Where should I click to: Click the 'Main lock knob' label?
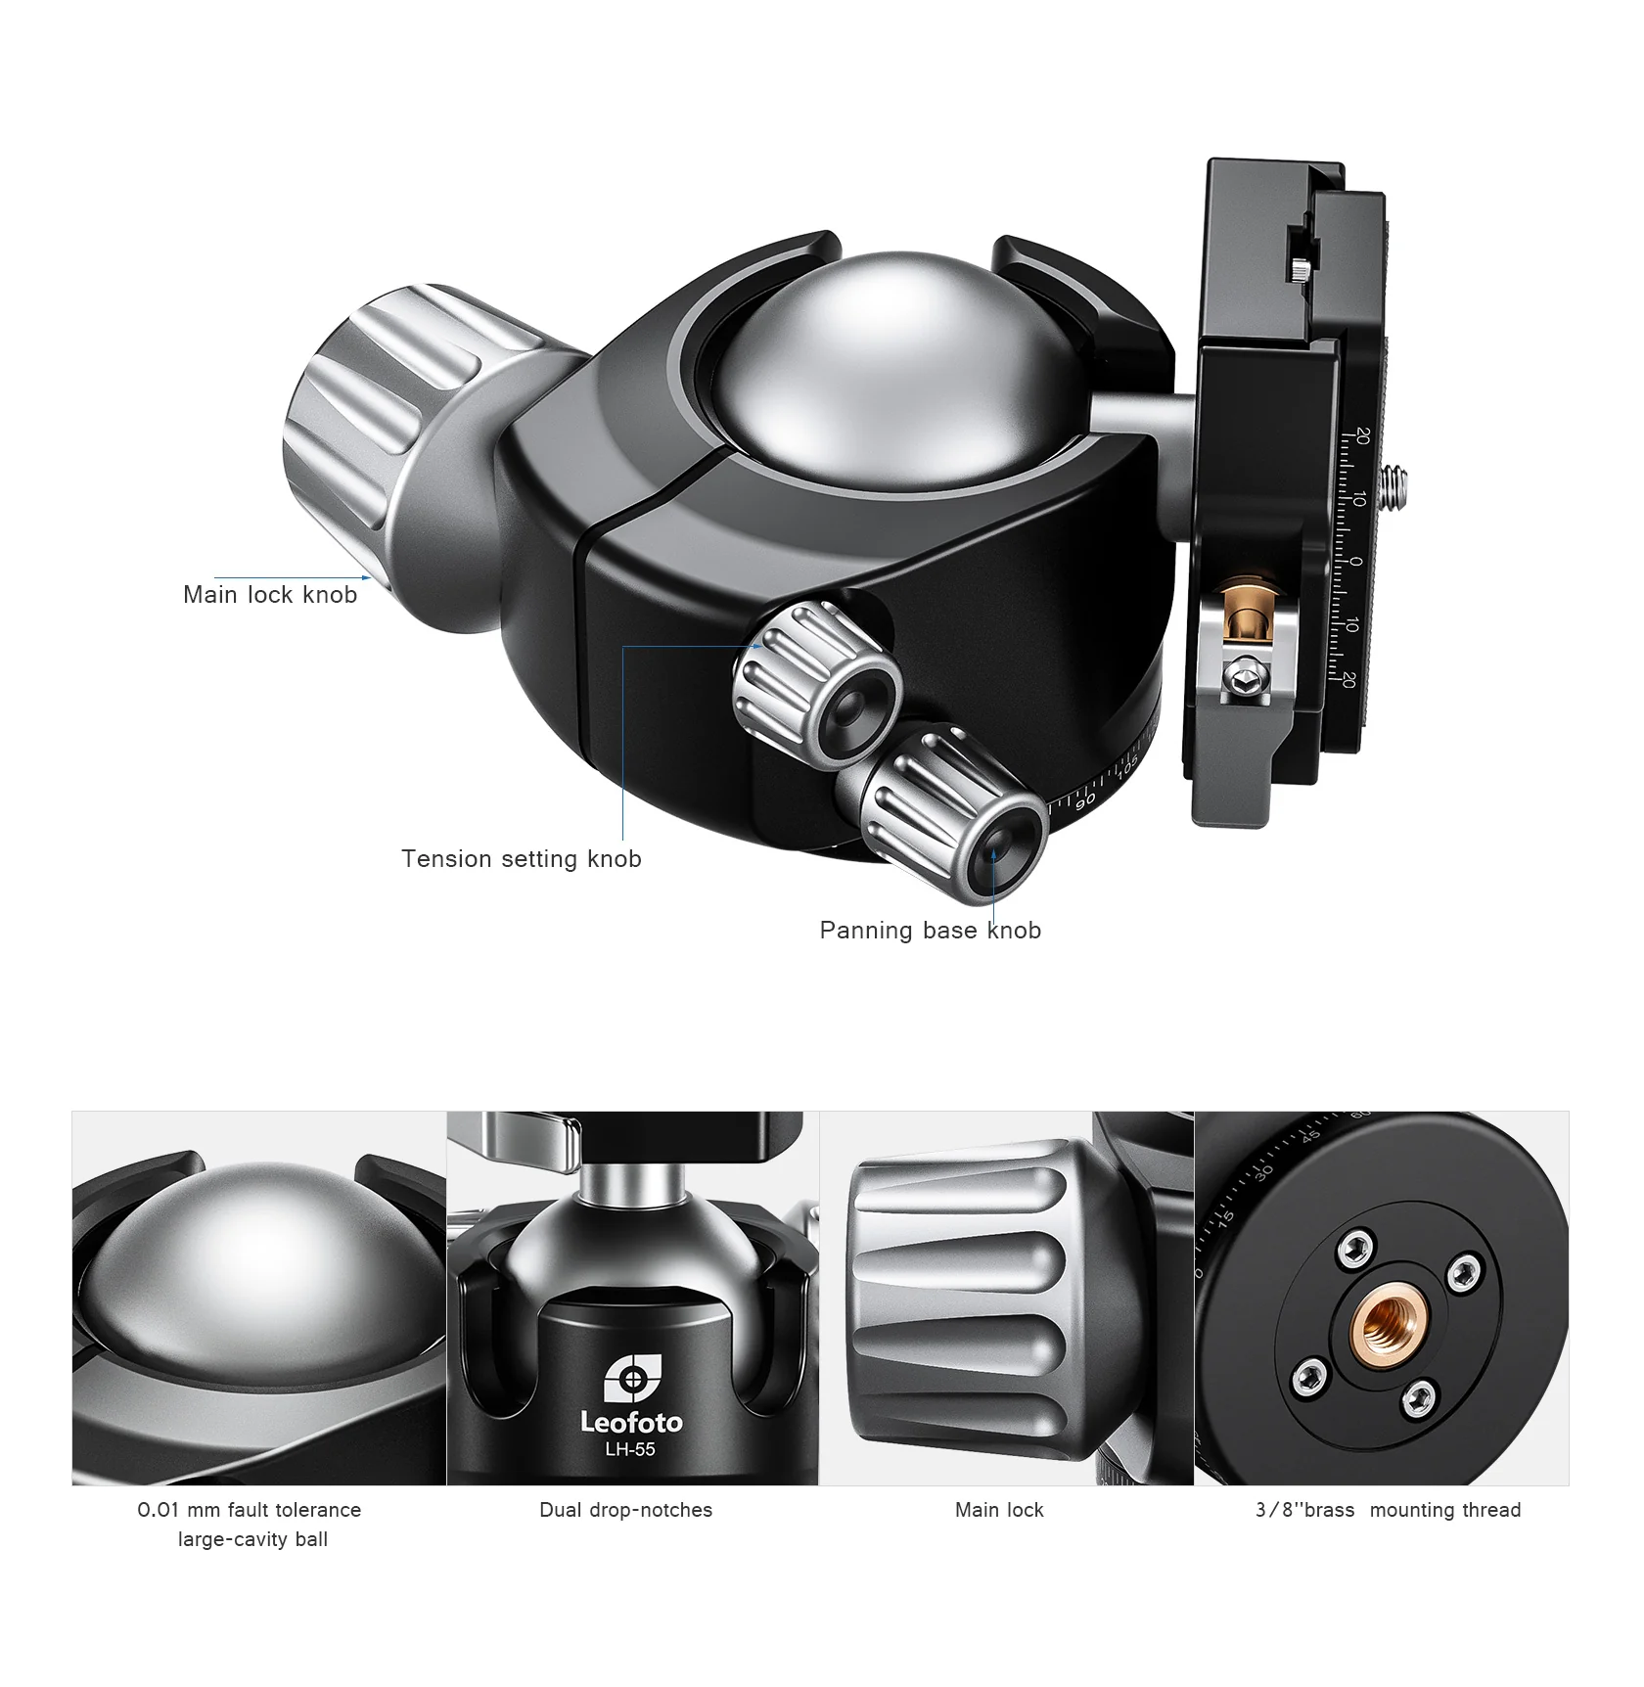coord(270,595)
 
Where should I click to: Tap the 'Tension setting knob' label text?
coord(521,859)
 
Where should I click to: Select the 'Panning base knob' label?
coord(930,931)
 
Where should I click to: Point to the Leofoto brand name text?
coord(631,1422)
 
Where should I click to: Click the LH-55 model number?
coord(630,1449)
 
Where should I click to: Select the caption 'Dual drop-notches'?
coord(625,1510)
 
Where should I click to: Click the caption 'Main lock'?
coord(999,1510)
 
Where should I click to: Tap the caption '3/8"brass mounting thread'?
coord(1388,1510)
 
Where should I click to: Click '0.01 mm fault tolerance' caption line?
coord(250,1510)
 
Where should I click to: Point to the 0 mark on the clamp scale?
coord(1355,562)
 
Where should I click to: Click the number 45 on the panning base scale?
coord(1311,1136)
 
